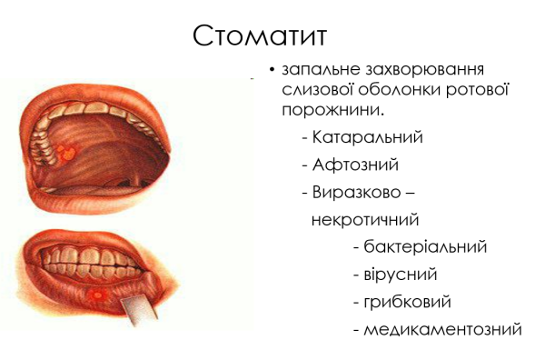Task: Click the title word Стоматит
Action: click(x=259, y=35)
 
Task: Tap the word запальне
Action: click(x=316, y=70)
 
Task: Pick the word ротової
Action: click(x=481, y=90)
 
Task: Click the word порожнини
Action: click(x=332, y=110)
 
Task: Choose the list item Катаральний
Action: click(x=368, y=137)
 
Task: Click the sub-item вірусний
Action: click(x=401, y=274)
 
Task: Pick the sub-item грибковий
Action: click(x=408, y=301)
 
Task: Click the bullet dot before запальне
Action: click(x=272, y=71)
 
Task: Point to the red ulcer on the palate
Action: click(x=65, y=148)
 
